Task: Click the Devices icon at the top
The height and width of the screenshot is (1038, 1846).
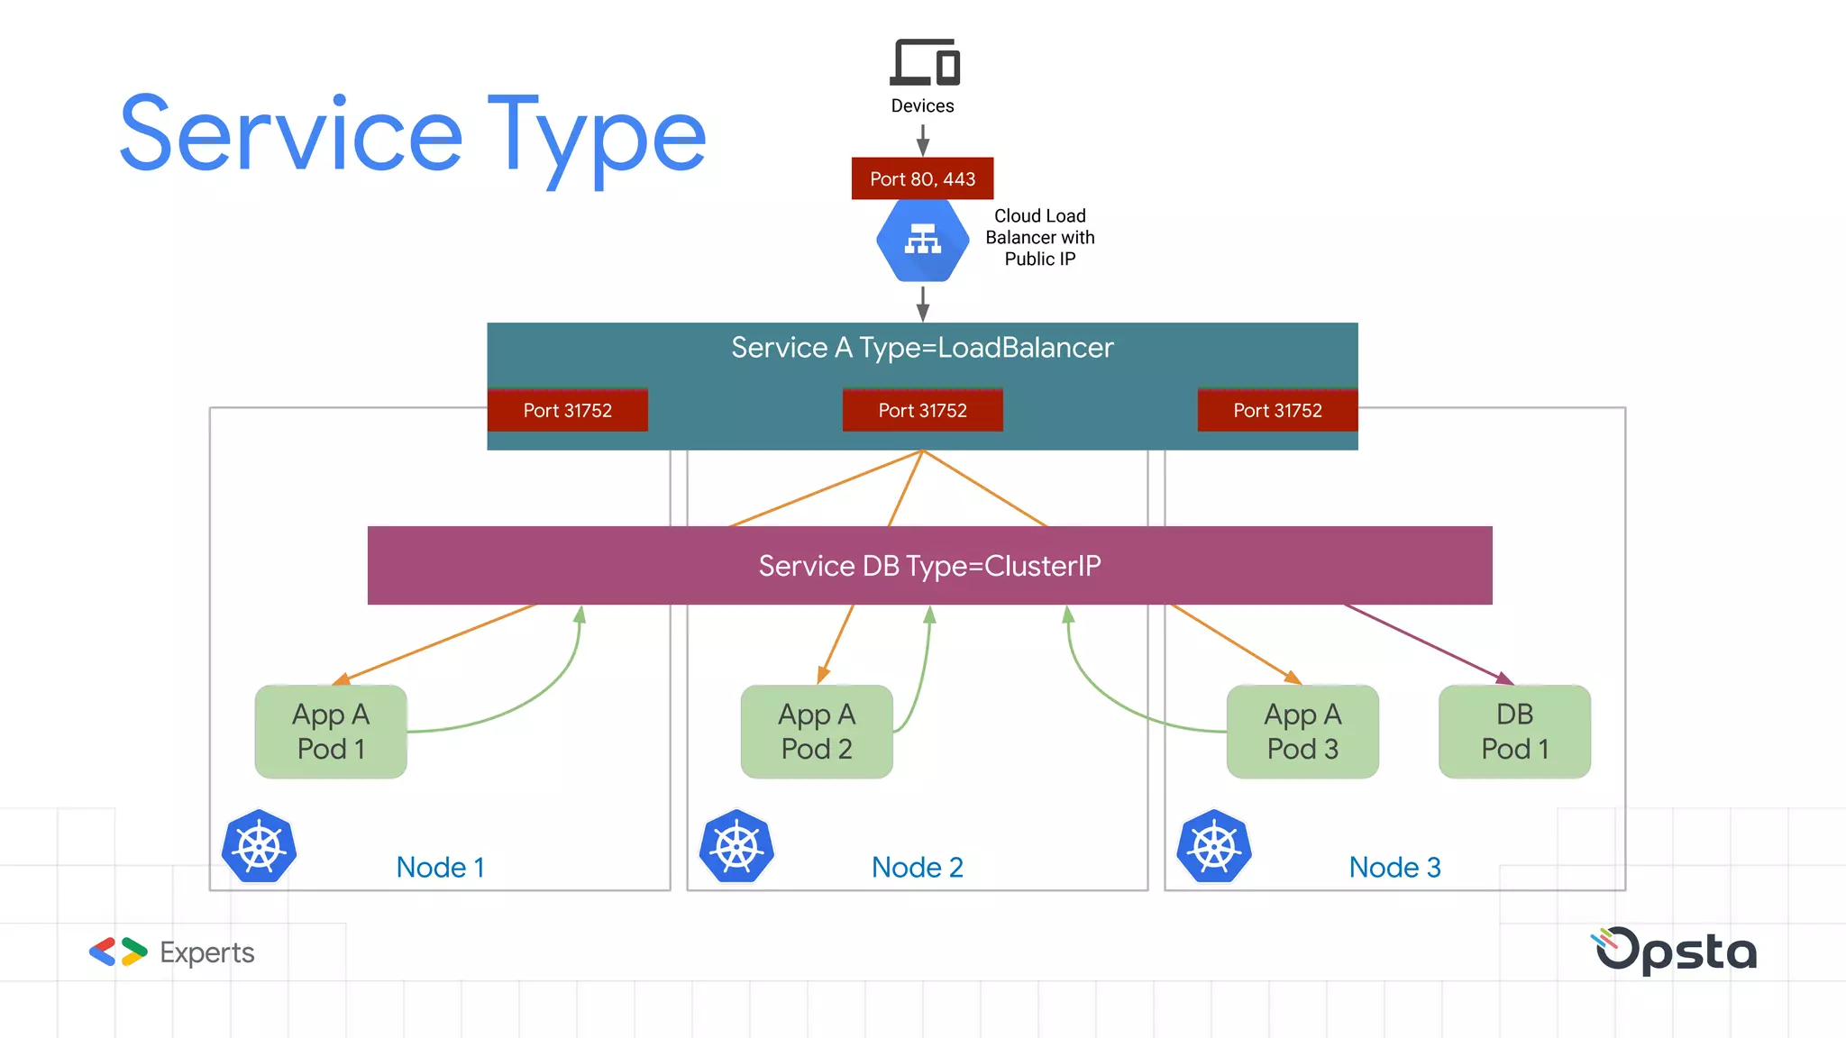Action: coord(924,62)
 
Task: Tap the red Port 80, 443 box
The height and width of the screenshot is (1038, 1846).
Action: coord(922,178)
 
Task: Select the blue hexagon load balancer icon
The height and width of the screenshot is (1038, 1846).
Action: coord(922,240)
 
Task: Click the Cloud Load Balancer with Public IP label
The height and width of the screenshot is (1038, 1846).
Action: coord(1039,238)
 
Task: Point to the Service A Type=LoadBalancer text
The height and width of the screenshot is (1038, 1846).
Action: coord(922,348)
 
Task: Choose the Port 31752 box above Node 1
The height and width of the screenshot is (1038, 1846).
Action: coord(567,410)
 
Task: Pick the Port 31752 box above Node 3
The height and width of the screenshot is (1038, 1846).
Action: coord(1277,410)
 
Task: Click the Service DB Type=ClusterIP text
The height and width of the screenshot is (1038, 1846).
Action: coord(929,566)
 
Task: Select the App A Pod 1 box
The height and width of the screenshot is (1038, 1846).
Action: coord(331,732)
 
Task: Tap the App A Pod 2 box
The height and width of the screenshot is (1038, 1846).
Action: coord(817,732)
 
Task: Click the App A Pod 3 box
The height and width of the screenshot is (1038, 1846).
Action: coord(1302,732)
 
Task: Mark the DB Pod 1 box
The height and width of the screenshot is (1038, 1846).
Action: coord(1514,732)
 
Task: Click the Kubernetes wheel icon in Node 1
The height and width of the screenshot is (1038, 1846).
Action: coord(260,847)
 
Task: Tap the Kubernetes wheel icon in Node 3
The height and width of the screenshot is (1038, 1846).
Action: coord(1214,847)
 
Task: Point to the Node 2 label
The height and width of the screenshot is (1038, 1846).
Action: coord(917,867)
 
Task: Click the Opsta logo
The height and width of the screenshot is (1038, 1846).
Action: coord(1675,951)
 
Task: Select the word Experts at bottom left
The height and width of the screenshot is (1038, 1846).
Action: coord(206,952)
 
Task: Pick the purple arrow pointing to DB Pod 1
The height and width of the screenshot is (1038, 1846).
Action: coord(1429,643)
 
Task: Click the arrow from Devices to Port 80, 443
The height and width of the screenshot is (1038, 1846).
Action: coord(922,140)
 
